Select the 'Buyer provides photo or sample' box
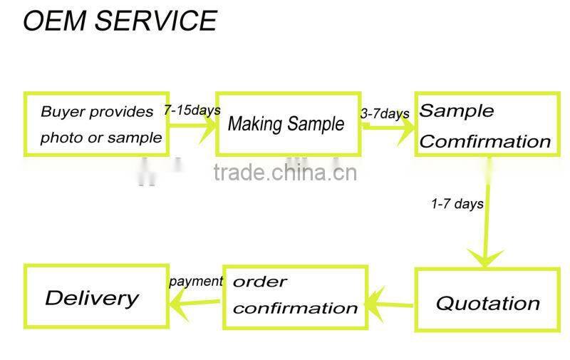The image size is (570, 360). [97, 124]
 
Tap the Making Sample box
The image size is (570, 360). [288, 124]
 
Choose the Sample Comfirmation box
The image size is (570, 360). [485, 125]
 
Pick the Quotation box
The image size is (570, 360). [487, 299]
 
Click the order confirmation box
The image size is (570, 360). [296, 297]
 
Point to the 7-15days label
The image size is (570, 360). [192, 110]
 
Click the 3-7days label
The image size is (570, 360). [385, 113]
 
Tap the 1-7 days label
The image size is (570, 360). [457, 204]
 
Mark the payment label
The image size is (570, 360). [196, 281]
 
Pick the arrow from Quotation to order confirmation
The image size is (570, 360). [391, 304]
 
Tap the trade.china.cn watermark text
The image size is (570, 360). [285, 173]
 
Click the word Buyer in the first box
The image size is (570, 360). [63, 112]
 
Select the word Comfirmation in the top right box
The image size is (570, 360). [485, 141]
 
